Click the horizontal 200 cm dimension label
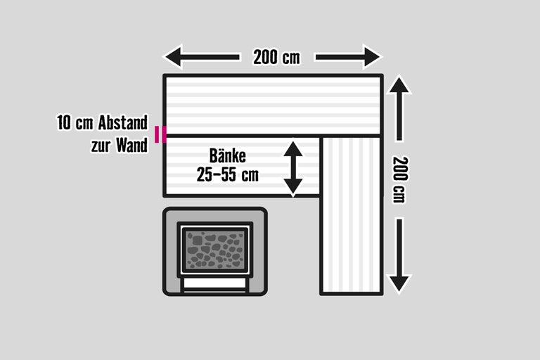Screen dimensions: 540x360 pyautogui.click(x=276, y=57)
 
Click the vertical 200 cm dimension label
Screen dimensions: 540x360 pyautogui.click(x=400, y=179)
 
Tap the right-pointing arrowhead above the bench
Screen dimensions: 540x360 pyautogui.click(x=372, y=57)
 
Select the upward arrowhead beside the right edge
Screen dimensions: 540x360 pyautogui.click(x=399, y=85)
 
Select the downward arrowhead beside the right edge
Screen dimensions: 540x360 pyautogui.click(x=399, y=283)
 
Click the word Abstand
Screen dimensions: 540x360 pyautogui.click(x=122, y=122)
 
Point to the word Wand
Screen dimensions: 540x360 pyautogui.click(x=131, y=145)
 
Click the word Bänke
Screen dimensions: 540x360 pyautogui.click(x=228, y=155)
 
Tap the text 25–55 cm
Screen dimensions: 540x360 pyautogui.click(x=227, y=174)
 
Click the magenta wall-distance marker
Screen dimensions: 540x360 pyautogui.click(x=160, y=134)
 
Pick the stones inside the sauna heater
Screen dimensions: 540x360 pyautogui.click(x=215, y=250)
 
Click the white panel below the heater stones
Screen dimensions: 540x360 pyautogui.click(x=215, y=283)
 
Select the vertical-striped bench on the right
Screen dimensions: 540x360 pyautogui.click(x=352, y=215)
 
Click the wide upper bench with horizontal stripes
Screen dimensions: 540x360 pyautogui.click(x=273, y=105)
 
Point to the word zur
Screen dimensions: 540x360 pyautogui.click(x=101, y=146)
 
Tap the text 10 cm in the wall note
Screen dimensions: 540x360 pyautogui.click(x=75, y=122)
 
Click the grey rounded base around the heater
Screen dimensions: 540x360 pyautogui.click(x=215, y=252)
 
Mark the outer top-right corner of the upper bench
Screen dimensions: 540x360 pyautogui.click(x=382, y=75)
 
